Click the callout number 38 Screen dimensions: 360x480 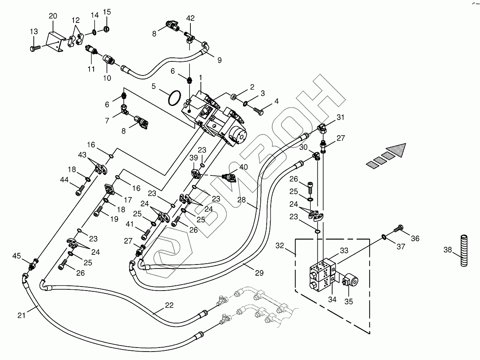point(447,250)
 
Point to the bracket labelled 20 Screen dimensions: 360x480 point(55,40)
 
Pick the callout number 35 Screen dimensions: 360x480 point(349,301)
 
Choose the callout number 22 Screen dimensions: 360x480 point(169,305)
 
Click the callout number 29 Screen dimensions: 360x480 point(259,273)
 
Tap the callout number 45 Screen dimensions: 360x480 point(16,256)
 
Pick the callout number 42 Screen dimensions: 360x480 point(190,18)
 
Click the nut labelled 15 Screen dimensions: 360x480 point(106,28)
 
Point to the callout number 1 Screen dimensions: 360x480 point(200,76)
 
